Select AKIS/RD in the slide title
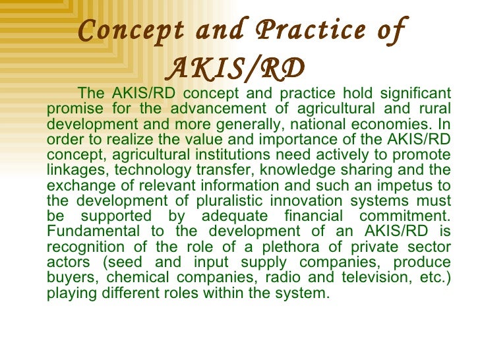tap(237, 67)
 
